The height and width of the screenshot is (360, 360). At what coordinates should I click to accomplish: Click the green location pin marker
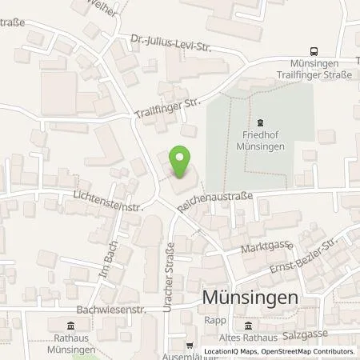[181, 163]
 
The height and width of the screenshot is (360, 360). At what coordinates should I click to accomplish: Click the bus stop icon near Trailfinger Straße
[314, 49]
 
